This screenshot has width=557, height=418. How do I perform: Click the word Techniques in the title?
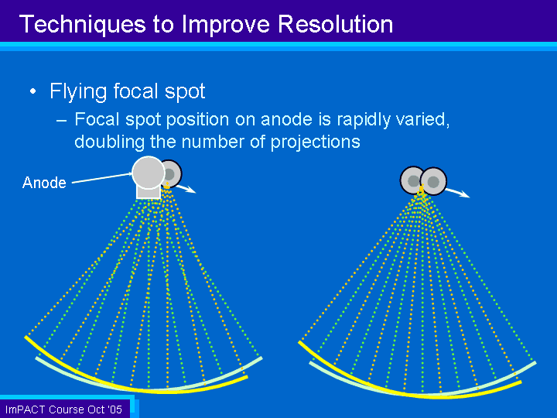[83, 25]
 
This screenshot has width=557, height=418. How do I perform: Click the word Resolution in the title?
[335, 24]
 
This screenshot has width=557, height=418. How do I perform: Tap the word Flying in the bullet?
[78, 91]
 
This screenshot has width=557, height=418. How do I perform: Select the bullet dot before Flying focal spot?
[33, 91]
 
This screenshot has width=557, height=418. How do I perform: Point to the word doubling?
[109, 142]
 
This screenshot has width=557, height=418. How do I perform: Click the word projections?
[315, 142]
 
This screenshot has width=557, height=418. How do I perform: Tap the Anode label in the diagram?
[44, 183]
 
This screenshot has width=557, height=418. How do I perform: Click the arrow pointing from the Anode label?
[102, 178]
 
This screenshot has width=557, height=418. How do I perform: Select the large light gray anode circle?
[148, 173]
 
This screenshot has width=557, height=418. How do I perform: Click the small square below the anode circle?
[149, 192]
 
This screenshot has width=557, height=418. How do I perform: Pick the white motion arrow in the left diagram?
[186, 189]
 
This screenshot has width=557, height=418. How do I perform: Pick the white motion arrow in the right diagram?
[458, 193]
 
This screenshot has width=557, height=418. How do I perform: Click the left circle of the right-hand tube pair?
[412, 180]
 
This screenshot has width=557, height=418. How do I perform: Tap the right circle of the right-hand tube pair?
[433, 181]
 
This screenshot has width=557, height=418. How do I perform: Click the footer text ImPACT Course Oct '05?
[63, 409]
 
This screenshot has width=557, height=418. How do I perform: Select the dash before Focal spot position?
[61, 121]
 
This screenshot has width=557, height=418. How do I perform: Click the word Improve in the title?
[226, 25]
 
